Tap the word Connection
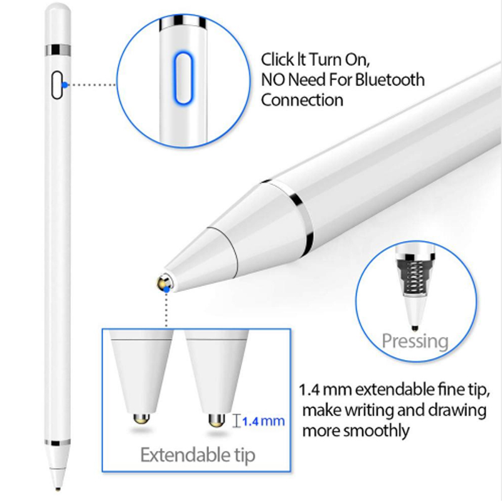(x=302, y=100)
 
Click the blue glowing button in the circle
(x=183, y=78)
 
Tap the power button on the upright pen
(x=56, y=85)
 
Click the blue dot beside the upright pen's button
(x=65, y=85)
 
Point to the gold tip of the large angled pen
(x=164, y=283)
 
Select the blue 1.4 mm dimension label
(x=263, y=421)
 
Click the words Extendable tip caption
(x=198, y=455)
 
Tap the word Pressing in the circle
(x=415, y=341)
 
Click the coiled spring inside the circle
(x=415, y=277)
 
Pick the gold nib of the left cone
(x=141, y=418)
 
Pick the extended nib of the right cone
(x=216, y=420)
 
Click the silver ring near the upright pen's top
(x=58, y=50)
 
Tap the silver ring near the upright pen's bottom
(x=58, y=443)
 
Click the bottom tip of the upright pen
(x=58, y=489)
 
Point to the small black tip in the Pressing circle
(x=415, y=328)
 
